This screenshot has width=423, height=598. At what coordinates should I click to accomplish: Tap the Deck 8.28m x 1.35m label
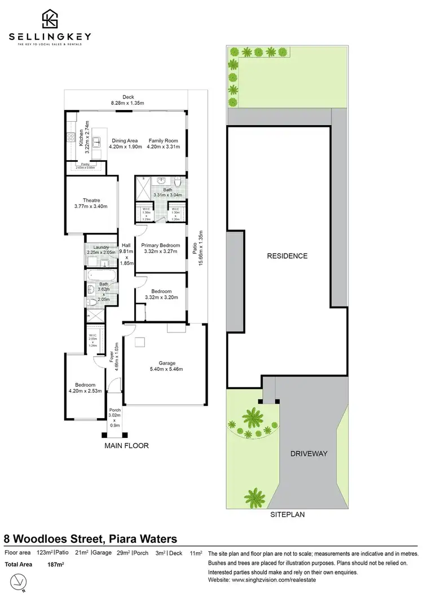(126, 100)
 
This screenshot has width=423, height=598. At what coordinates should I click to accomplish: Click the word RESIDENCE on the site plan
(288, 256)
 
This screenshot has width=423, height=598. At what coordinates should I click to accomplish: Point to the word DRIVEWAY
(309, 453)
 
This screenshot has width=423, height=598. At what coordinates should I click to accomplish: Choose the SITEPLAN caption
(288, 515)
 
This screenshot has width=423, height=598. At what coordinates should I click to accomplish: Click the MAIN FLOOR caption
(126, 445)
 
